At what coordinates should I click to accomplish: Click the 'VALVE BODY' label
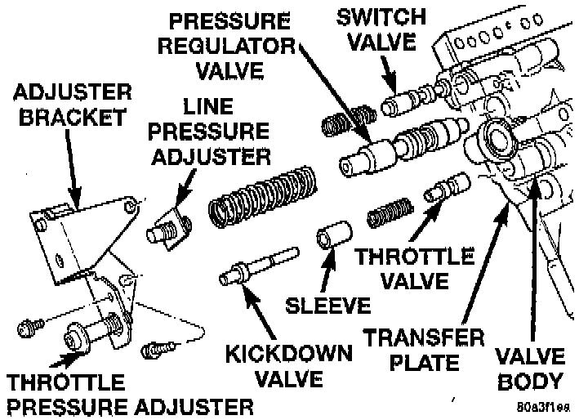coord(532,368)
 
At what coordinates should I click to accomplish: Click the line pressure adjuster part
coord(169,226)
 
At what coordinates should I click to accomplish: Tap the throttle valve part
coord(446,189)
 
